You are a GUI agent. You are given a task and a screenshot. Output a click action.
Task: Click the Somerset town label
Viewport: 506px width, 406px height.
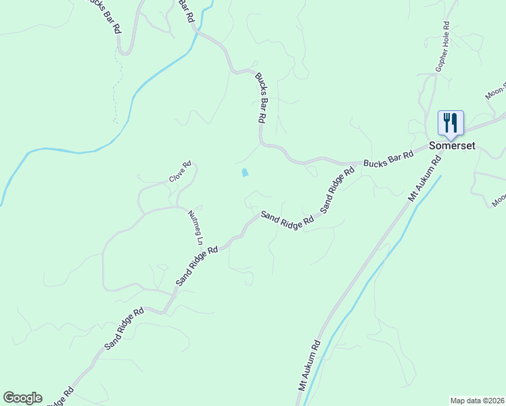pyautogui.click(x=452, y=145)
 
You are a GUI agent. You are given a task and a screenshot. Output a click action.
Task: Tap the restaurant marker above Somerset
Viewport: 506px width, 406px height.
pyautogui.click(x=451, y=122)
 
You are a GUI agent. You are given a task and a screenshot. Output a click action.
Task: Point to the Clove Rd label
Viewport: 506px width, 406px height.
pyautogui.click(x=181, y=171)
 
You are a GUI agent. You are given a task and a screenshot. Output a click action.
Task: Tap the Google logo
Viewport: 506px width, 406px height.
pyautogui.click(x=22, y=398)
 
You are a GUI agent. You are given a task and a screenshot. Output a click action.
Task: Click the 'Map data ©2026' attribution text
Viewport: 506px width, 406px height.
pyautogui.click(x=477, y=400)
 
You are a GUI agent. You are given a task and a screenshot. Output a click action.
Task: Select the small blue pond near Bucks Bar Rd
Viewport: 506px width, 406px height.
pyautogui.click(x=244, y=173)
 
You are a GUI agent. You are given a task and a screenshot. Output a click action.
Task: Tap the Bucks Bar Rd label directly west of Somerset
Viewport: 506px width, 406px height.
pyautogui.click(x=388, y=160)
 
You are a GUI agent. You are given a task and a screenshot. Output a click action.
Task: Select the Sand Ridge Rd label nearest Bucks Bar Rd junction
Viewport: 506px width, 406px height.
pyautogui.click(x=337, y=191)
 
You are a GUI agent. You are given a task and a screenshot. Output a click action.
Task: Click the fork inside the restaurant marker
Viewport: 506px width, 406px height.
pyautogui.click(x=446, y=122)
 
